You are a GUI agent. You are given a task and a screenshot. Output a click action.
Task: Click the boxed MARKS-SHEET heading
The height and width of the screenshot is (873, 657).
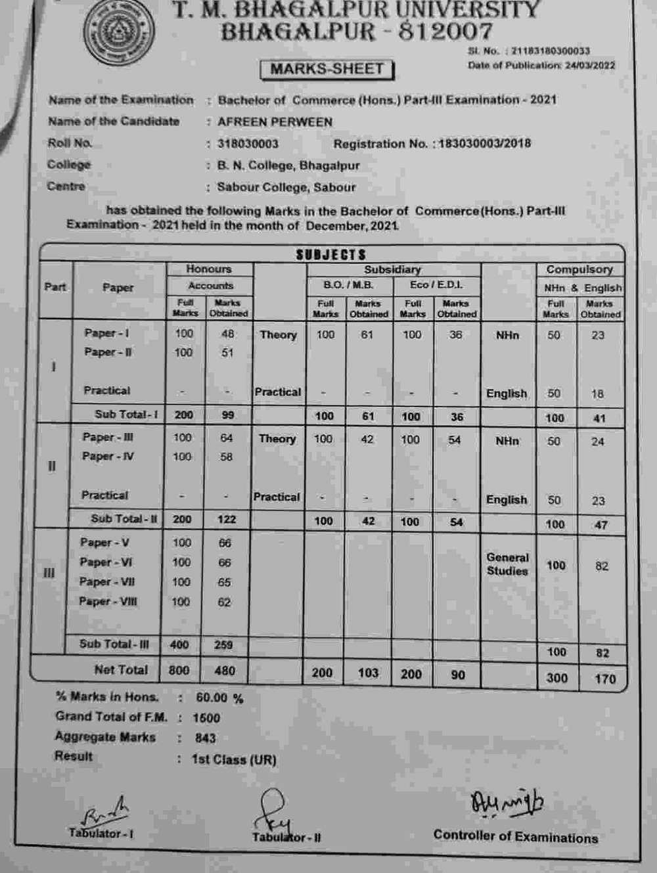click(x=327, y=69)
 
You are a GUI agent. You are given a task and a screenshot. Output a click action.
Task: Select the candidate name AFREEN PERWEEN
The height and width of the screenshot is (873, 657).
click(x=275, y=122)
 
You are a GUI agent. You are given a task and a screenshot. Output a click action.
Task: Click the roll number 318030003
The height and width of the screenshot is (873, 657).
click(x=248, y=144)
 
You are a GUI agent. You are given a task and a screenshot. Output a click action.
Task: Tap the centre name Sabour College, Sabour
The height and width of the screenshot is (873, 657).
click(x=286, y=187)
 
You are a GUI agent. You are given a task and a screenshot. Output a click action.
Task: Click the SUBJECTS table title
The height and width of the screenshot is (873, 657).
click(x=330, y=254)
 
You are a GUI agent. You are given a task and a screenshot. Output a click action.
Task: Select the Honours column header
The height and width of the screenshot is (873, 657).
click(x=208, y=269)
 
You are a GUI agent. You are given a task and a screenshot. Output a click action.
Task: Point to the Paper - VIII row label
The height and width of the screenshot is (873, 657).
click(x=108, y=602)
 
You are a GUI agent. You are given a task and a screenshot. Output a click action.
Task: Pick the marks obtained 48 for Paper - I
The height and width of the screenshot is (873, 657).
click(x=227, y=334)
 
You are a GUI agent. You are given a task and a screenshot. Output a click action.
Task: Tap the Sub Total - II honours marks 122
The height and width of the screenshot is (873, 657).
click(x=226, y=519)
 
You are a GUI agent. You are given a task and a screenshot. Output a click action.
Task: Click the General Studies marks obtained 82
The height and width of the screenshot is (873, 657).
click(x=601, y=566)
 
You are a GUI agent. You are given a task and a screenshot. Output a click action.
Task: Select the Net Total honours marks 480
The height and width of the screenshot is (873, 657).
click(x=225, y=671)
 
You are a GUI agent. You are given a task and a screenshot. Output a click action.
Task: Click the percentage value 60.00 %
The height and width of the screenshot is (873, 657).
click(x=219, y=698)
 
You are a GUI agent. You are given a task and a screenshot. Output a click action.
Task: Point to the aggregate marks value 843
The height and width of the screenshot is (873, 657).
click(x=205, y=738)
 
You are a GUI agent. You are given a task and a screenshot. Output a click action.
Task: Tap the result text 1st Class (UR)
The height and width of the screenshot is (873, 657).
click(x=234, y=759)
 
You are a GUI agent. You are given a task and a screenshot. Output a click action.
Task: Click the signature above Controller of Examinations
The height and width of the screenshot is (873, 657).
click(x=507, y=803)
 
